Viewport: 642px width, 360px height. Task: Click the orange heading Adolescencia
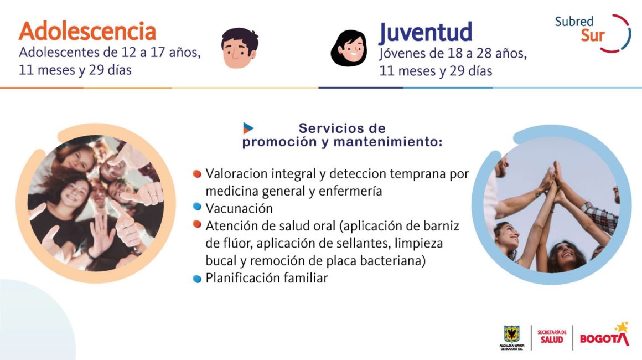(87, 32)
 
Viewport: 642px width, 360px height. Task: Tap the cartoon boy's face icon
(240, 48)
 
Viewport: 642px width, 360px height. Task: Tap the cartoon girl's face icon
(349, 48)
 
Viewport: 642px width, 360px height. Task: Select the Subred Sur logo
(592, 33)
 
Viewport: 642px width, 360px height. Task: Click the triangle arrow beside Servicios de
(248, 128)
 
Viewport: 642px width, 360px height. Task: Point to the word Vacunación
(239, 208)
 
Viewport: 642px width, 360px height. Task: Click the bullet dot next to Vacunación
(197, 207)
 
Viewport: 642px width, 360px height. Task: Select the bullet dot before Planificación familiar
(197, 279)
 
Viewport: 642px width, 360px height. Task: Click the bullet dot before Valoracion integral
(197, 174)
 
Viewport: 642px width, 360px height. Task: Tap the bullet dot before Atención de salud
(197, 224)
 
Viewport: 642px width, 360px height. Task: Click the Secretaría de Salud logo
(552, 337)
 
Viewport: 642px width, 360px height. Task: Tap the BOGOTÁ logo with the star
(604, 335)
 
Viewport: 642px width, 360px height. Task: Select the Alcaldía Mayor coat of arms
(511, 337)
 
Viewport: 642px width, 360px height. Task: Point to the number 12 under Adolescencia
(130, 53)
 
